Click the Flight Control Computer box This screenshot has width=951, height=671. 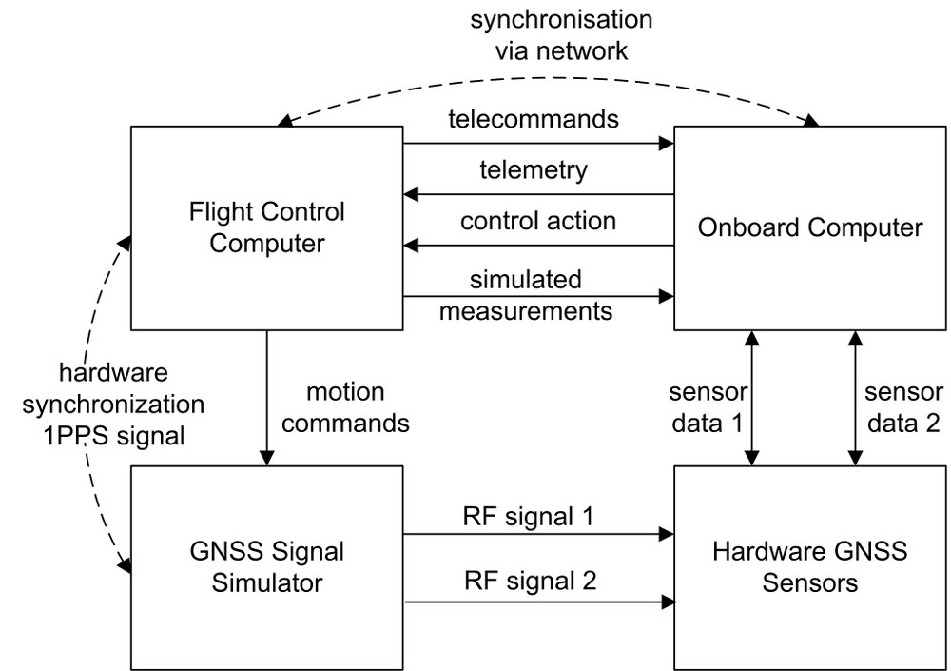(266, 228)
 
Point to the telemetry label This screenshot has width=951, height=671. (534, 171)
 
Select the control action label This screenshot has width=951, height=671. (538, 221)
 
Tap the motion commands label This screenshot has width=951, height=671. (346, 407)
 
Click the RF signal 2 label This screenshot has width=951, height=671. (530, 580)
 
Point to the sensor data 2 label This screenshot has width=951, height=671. (902, 406)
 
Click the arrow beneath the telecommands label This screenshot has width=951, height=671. (538, 145)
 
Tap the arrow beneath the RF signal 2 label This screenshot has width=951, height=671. (538, 602)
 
